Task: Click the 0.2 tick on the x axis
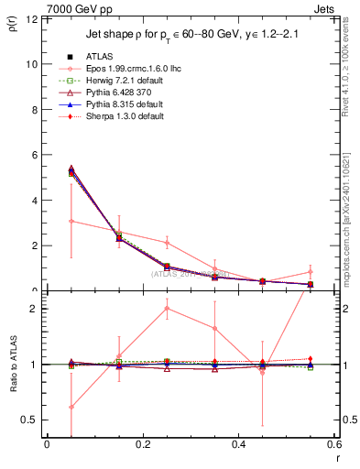pyautogui.click(x=143, y=446)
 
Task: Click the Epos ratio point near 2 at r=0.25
pyautogui.click(x=167, y=308)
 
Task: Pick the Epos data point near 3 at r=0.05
pyautogui.click(x=71, y=221)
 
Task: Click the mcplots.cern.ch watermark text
pyautogui.click(x=351, y=202)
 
